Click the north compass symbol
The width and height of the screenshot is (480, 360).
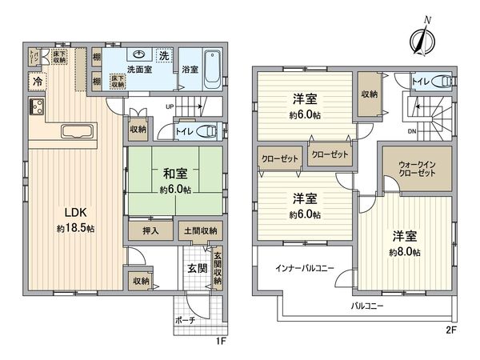pyautogui.click(x=422, y=38)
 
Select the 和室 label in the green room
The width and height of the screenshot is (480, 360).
pyautogui.click(x=174, y=173)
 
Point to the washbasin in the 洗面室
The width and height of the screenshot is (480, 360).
pyautogui.click(x=140, y=57)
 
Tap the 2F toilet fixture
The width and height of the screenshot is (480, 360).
pyautogui.click(x=440, y=82)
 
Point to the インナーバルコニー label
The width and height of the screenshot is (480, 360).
pyautogui.click(x=305, y=266)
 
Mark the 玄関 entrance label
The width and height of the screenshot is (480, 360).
pyautogui.click(x=196, y=267)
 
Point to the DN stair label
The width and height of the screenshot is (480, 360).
pyautogui.click(x=412, y=130)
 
